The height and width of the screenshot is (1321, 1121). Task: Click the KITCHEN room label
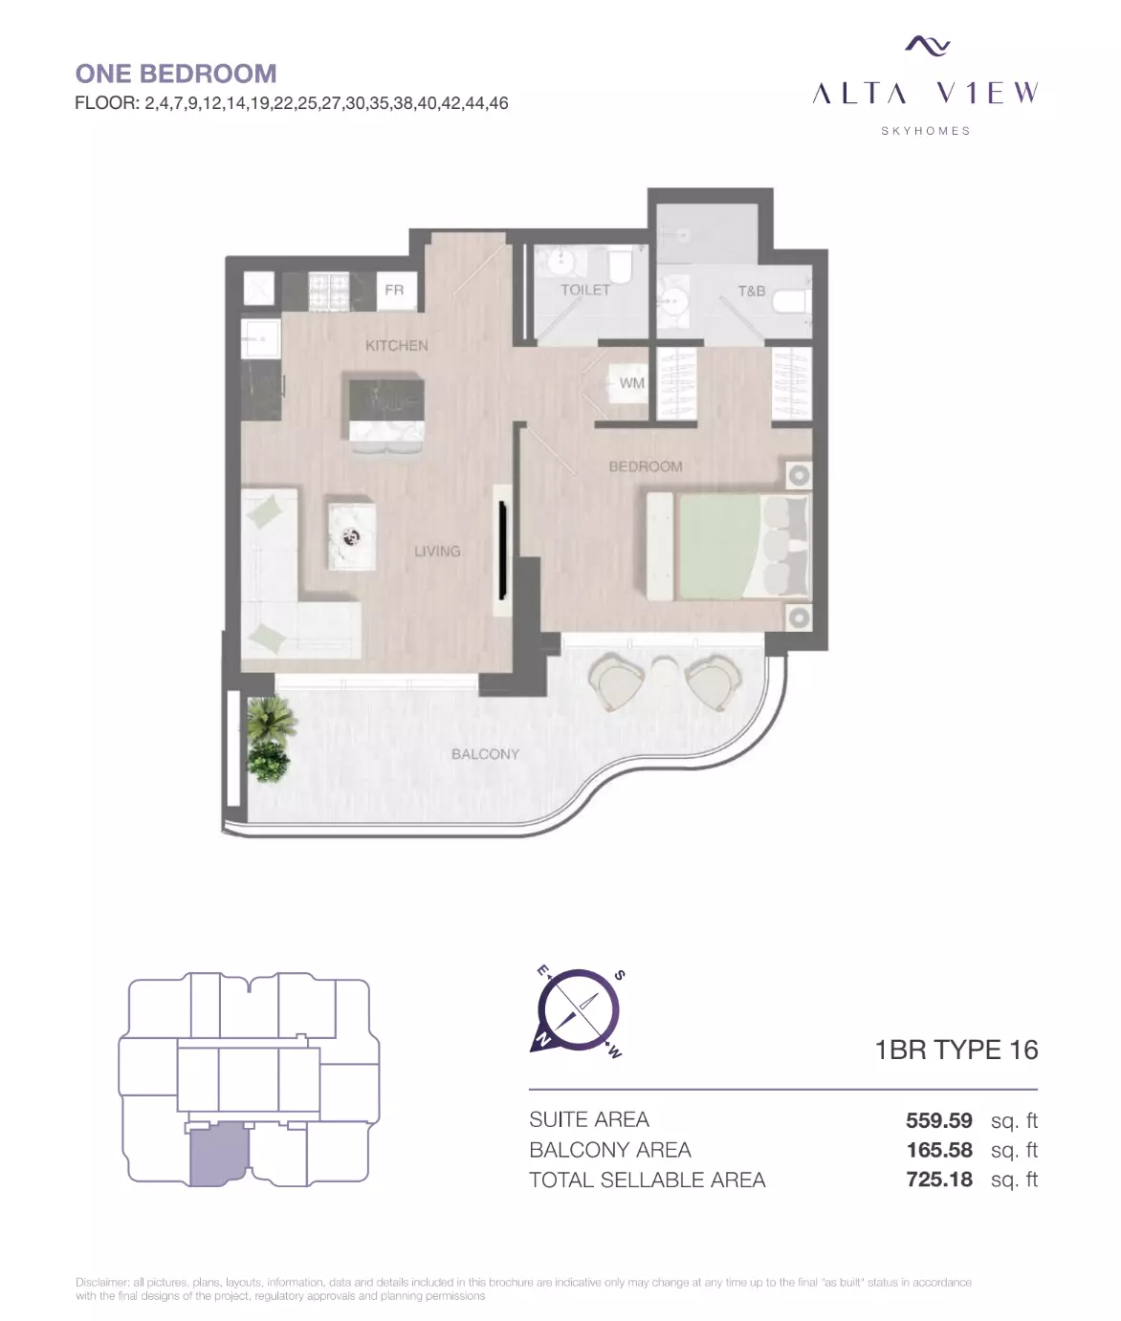(397, 346)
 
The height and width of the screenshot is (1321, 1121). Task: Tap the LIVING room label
(437, 551)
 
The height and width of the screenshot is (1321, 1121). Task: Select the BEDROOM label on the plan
(646, 466)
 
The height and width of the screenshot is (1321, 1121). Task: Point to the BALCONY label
(485, 754)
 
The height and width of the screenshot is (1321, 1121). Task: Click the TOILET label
(585, 291)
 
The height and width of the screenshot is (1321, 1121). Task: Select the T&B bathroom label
(752, 292)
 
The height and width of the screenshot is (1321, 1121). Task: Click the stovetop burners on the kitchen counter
(329, 292)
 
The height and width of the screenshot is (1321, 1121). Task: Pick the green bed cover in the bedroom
(718, 547)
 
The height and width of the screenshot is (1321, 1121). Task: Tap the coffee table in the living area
(352, 536)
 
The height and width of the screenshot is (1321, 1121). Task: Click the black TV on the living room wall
(502, 551)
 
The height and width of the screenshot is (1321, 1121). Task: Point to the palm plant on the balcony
(271, 719)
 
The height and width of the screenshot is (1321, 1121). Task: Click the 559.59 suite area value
(938, 1120)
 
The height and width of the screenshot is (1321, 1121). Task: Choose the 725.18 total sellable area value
(938, 1180)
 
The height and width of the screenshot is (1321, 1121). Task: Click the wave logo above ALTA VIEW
(927, 45)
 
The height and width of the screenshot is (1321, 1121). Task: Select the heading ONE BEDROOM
(176, 74)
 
